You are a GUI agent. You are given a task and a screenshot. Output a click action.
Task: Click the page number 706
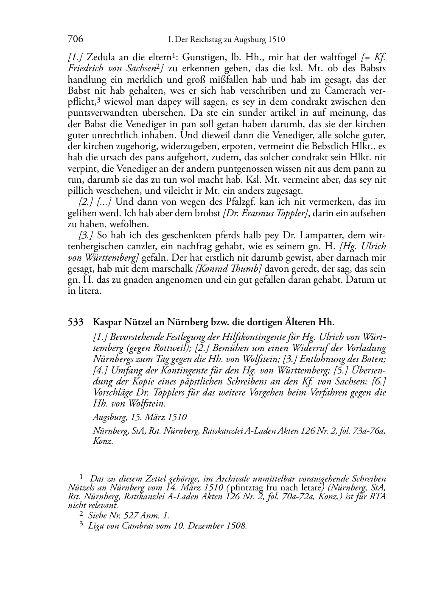click(75, 39)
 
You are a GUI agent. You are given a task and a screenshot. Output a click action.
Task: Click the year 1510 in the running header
click(276, 40)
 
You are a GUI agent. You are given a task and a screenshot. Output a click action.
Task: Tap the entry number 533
click(76, 323)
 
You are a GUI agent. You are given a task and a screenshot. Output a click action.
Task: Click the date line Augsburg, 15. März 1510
click(140, 417)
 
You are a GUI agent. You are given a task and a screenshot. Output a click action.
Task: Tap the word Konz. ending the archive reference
click(103, 441)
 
